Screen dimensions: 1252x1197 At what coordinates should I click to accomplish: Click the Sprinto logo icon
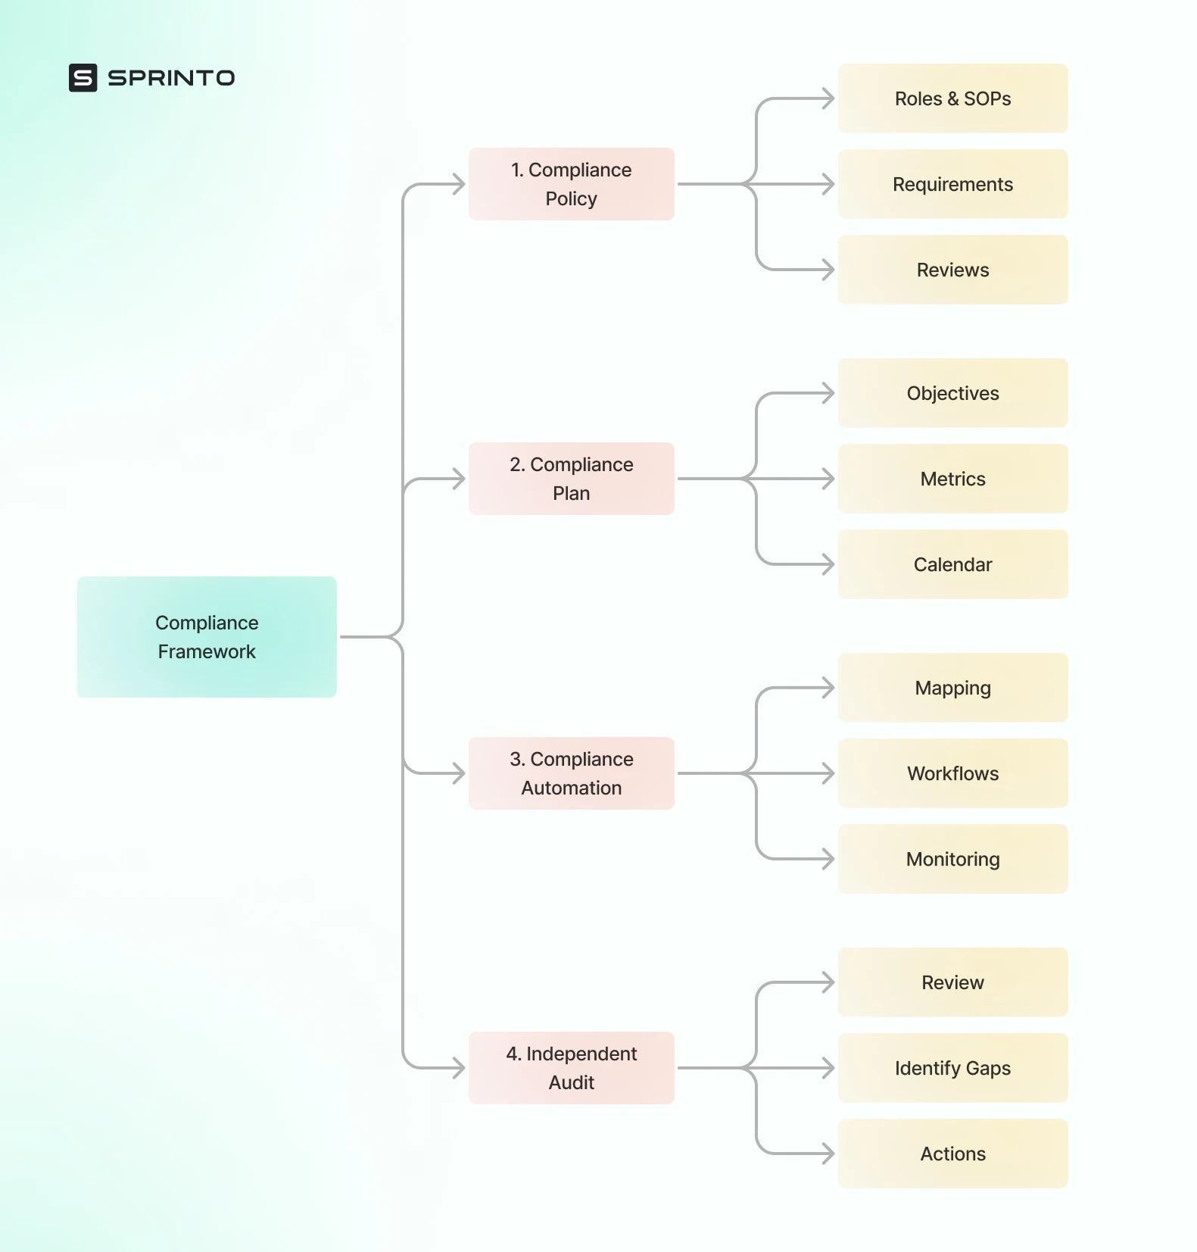83,77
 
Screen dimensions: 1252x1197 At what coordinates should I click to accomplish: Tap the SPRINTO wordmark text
171,78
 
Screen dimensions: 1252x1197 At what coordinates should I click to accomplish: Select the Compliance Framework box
207,637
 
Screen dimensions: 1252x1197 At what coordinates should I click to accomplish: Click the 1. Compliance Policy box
571,184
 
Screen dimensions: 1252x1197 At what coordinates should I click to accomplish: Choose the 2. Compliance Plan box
571,479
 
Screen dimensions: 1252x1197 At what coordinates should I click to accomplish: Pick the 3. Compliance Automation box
571,773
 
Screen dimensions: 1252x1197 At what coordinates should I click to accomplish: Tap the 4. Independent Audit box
571,1068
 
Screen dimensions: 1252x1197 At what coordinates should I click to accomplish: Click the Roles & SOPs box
952,98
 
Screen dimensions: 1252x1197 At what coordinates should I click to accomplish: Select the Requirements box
952,184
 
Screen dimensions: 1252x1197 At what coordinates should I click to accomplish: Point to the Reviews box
952,270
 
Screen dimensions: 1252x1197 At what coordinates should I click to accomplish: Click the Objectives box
952,393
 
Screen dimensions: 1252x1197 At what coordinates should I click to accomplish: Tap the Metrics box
952,479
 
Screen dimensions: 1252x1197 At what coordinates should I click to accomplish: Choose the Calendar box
952,564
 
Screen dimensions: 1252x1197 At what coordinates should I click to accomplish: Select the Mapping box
952,688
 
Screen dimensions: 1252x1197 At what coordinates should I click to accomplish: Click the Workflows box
952,773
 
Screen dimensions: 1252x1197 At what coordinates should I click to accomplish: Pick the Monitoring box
952,859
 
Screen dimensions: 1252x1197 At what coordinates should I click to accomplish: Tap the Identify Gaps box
952,1068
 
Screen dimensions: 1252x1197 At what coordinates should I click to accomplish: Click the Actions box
952,1154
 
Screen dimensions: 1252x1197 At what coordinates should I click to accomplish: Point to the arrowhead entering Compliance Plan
459,479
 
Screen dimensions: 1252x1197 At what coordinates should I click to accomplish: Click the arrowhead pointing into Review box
828,982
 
